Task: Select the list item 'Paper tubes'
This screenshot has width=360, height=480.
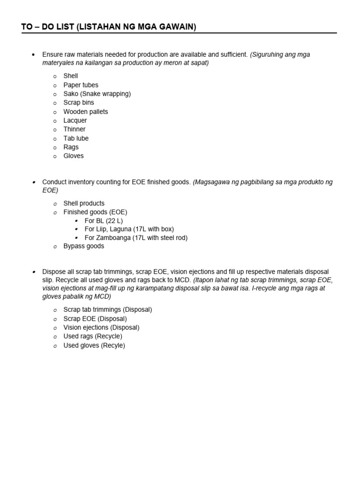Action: point(81,85)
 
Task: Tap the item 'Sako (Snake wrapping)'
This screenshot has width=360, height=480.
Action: point(97,94)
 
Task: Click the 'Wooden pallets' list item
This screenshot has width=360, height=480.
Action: point(85,112)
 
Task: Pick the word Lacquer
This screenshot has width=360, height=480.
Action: point(75,120)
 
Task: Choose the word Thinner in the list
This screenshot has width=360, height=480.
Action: point(75,129)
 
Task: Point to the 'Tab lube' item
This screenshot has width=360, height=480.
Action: point(76,138)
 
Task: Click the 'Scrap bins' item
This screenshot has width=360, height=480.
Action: point(79,103)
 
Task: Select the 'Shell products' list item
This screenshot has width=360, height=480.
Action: point(84,203)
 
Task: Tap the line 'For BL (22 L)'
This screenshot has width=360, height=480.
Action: point(104,220)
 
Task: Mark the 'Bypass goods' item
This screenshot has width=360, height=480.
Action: point(83,247)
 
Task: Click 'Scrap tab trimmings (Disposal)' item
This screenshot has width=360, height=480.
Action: point(107,310)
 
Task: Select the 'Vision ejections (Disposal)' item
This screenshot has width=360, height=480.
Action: point(101,328)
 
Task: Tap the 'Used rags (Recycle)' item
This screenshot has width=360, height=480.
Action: point(93,337)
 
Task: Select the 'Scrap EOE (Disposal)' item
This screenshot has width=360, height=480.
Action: point(95,319)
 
